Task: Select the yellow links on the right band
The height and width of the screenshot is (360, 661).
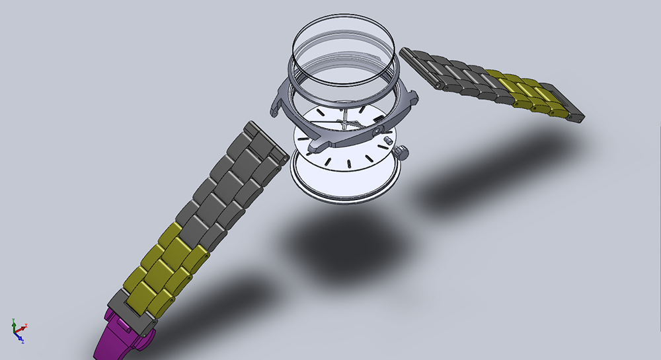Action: point(529,92)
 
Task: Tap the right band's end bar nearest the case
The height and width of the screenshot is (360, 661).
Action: point(412,57)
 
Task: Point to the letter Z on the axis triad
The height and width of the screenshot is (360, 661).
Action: point(22,342)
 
